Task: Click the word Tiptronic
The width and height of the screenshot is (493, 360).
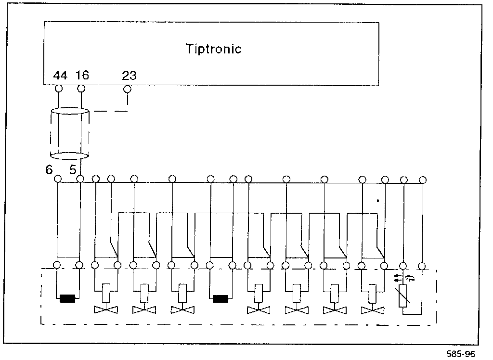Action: [x=213, y=49]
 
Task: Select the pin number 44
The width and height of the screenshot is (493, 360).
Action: [x=60, y=76]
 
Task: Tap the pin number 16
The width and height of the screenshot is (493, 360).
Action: [x=82, y=76]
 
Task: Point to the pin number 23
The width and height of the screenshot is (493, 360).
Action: [x=129, y=76]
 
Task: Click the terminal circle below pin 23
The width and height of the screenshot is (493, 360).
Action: [x=127, y=89]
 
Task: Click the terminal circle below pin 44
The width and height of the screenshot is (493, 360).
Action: [x=59, y=89]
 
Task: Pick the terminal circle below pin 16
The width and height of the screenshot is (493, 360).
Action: [x=81, y=89]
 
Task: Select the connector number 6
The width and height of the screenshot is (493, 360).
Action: [x=49, y=169]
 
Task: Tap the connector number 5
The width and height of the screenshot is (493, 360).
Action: [x=73, y=169]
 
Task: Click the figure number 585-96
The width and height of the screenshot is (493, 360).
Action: [x=461, y=354]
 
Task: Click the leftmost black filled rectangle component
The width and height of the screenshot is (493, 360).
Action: [x=68, y=299]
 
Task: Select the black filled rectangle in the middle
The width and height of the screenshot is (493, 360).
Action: [x=220, y=299]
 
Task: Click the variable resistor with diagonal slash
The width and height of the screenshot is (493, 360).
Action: [x=403, y=295]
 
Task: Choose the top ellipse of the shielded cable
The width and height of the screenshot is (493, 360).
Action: [x=70, y=112]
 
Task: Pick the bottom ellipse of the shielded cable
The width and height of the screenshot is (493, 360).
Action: [x=70, y=155]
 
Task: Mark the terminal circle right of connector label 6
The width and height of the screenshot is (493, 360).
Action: [x=58, y=179]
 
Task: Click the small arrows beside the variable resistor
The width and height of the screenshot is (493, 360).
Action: [x=398, y=278]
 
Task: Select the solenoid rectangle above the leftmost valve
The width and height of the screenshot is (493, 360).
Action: [x=106, y=290]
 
